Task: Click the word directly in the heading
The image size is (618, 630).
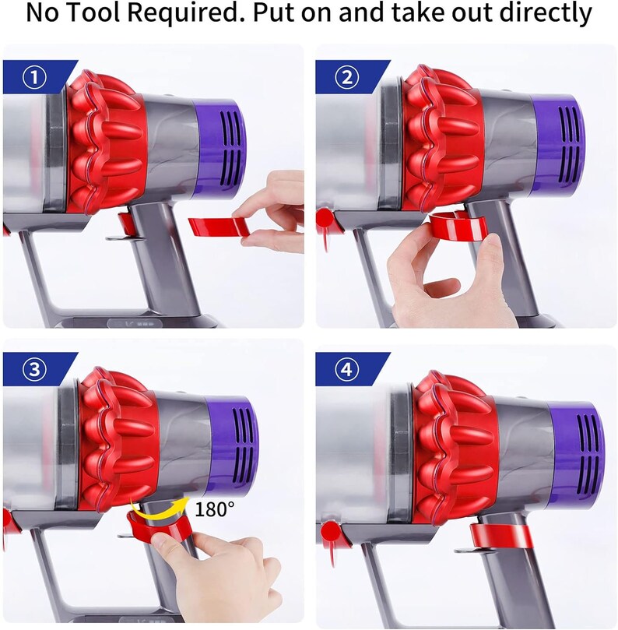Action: [544, 14]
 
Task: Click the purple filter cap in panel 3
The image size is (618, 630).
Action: [230, 439]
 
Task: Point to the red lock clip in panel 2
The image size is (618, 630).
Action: [459, 227]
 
